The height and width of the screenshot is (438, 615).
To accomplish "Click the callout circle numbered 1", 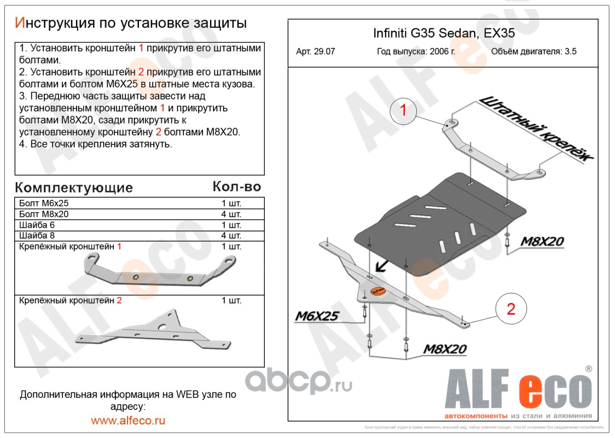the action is coord(403,111).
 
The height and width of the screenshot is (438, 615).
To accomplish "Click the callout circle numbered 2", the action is coord(510,309).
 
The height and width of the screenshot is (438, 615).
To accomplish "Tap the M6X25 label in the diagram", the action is coord(318,316).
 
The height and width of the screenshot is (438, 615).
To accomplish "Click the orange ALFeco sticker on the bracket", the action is coord(378,290).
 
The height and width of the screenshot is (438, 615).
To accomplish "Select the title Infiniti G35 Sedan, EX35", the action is coord(444,33).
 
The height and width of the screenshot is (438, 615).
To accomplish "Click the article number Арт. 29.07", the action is coord(315,52).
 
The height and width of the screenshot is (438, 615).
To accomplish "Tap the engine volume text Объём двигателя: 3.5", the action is coord(534,52).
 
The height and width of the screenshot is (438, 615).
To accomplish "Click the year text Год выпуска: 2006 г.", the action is coord(416,52).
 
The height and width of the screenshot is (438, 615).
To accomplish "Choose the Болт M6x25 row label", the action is coord(44,203).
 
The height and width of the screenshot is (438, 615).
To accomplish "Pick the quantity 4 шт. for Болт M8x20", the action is coord(231,214).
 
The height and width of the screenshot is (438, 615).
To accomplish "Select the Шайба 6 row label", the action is coord(37,225).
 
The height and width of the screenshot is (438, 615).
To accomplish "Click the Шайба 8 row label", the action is coord(37,236).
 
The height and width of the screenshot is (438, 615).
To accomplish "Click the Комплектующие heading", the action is coord(74,188).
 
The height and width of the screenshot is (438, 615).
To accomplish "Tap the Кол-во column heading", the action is coord(236,187).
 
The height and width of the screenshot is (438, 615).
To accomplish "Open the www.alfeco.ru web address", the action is coord(128,420).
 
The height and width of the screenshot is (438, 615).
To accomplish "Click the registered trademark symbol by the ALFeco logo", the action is coord(588,369).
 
